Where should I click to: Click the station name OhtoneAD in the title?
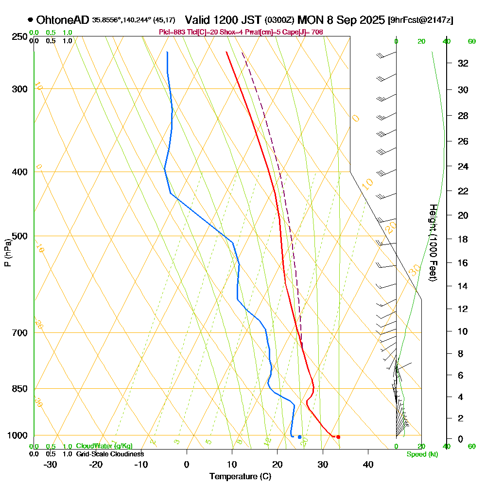62,20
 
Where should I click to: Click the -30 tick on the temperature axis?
51,465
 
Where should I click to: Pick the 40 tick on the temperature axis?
368,465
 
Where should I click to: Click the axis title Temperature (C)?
240,477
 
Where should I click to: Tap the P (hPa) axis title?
7,253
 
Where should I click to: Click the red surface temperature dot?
338,437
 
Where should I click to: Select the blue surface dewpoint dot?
299,437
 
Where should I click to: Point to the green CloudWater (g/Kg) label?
104,446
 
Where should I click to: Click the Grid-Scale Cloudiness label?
110,454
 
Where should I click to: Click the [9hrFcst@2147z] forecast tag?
420,20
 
